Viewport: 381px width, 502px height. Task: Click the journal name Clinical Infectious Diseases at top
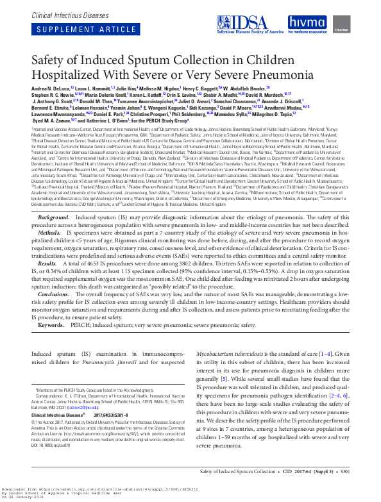[x=57, y=12]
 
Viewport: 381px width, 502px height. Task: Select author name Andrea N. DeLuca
[x=50, y=88]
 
